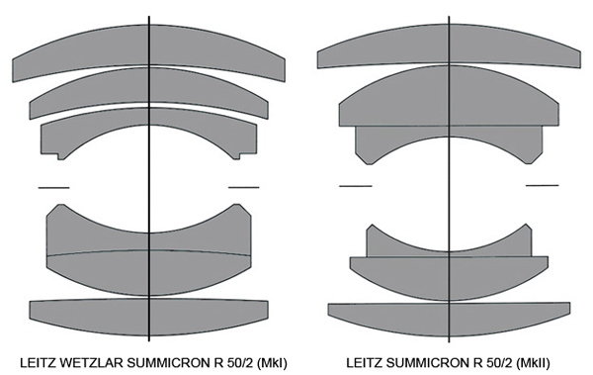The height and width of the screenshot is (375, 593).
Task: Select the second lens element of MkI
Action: [x=148, y=85]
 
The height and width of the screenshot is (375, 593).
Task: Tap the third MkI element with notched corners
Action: [x=148, y=118]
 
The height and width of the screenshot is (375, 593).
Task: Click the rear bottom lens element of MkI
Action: [x=148, y=318]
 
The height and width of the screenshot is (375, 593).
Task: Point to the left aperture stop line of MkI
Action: [x=53, y=188]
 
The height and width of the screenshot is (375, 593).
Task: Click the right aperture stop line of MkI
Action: [x=244, y=187]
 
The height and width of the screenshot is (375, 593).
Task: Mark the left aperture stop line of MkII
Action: [x=356, y=186]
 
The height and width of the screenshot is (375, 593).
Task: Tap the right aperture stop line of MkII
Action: [x=542, y=185]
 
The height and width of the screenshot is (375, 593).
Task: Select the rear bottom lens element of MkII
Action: [x=449, y=320]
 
